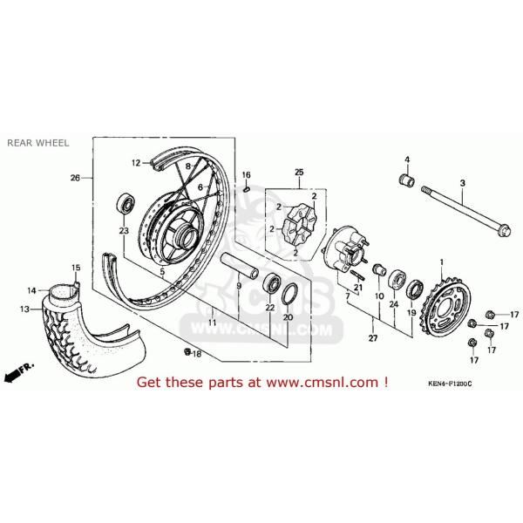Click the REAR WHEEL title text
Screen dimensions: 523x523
point(37,141)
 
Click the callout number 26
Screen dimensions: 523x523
point(75,178)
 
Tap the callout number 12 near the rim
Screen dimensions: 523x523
point(136,162)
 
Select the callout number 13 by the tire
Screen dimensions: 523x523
point(24,309)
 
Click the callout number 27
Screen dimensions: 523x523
point(372,337)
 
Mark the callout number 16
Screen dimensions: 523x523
point(247,175)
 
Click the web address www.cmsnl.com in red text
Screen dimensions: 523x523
point(322,382)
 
